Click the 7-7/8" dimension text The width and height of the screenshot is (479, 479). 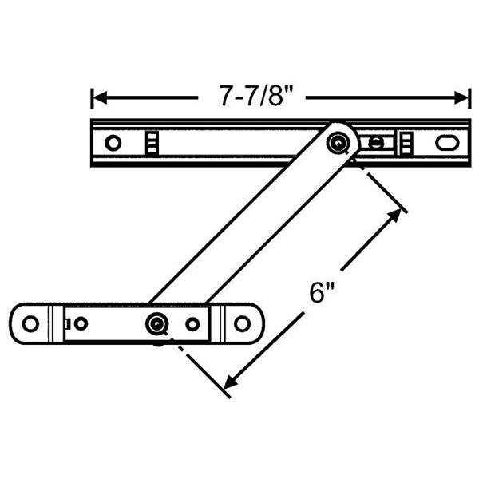[251, 97]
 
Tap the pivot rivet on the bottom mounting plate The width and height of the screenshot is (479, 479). [156, 323]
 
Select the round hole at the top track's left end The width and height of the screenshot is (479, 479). [113, 143]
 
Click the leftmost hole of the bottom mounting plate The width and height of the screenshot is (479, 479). [30, 324]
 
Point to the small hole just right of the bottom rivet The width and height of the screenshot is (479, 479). [192, 324]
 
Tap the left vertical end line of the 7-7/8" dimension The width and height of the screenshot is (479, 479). [91, 98]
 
